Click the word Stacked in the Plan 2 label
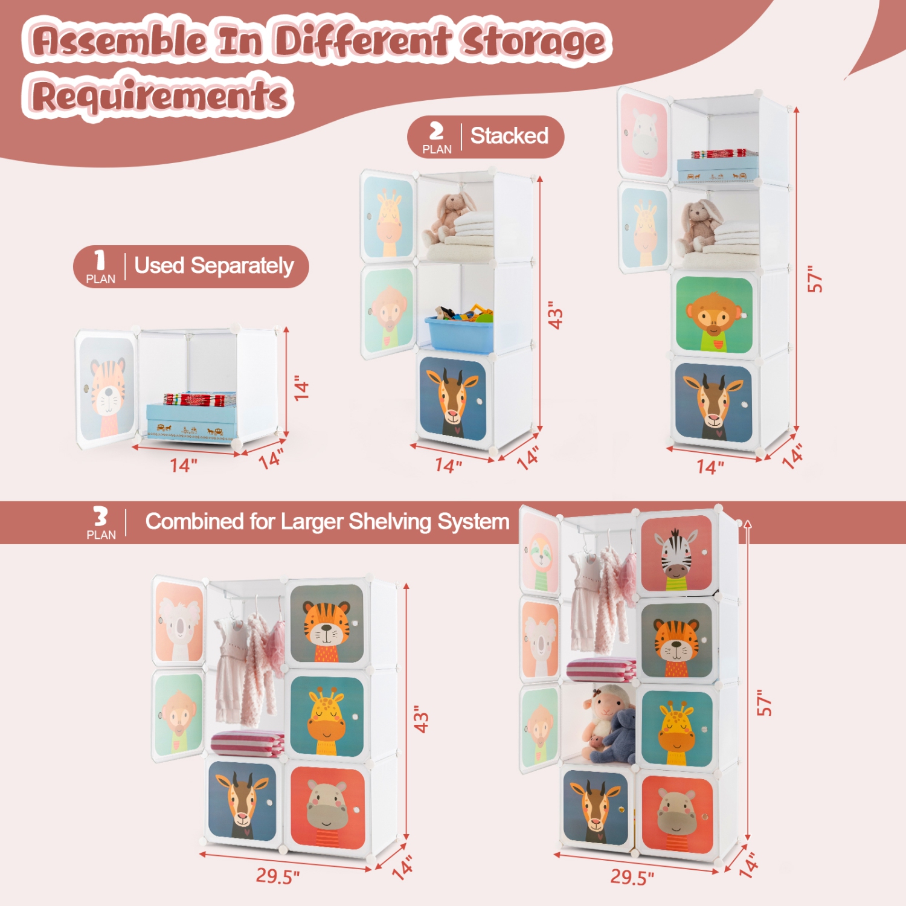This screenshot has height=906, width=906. click(x=509, y=136)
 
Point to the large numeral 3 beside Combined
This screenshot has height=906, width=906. click(x=100, y=516)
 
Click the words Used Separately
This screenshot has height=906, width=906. click(x=214, y=266)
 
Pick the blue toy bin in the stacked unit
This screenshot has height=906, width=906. click(x=459, y=333)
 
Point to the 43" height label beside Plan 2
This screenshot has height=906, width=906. click(x=555, y=315)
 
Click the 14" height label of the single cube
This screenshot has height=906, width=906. click(x=301, y=387)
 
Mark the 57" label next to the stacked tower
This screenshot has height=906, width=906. click(x=815, y=278)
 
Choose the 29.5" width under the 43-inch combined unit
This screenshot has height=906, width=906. click(x=277, y=875)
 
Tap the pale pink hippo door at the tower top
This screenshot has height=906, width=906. click(x=644, y=135)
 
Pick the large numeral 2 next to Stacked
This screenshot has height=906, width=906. click(x=436, y=131)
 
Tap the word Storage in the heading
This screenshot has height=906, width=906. click(x=533, y=42)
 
